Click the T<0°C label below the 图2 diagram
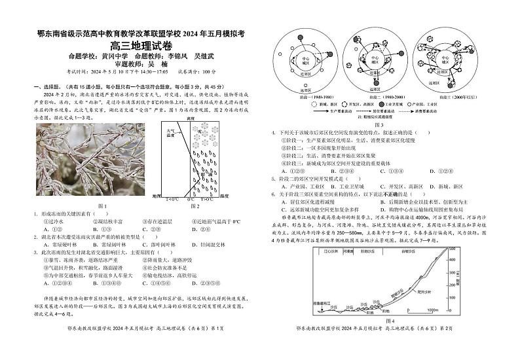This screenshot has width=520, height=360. click(x=172, y=198)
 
